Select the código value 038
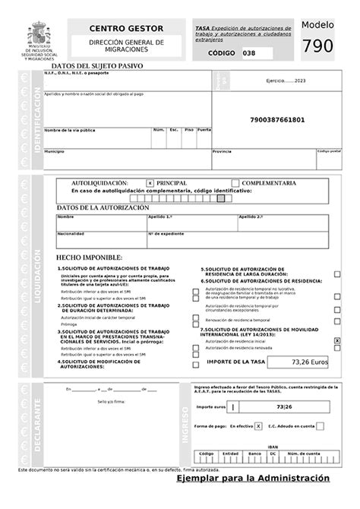(250, 53)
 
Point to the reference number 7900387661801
(276, 120)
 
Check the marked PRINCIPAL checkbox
(150, 183)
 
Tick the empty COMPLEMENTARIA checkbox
(235, 183)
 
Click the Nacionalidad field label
(70, 233)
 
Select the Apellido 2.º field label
(251, 217)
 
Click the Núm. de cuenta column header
(307, 453)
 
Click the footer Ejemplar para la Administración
(253, 479)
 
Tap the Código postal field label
(328, 150)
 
